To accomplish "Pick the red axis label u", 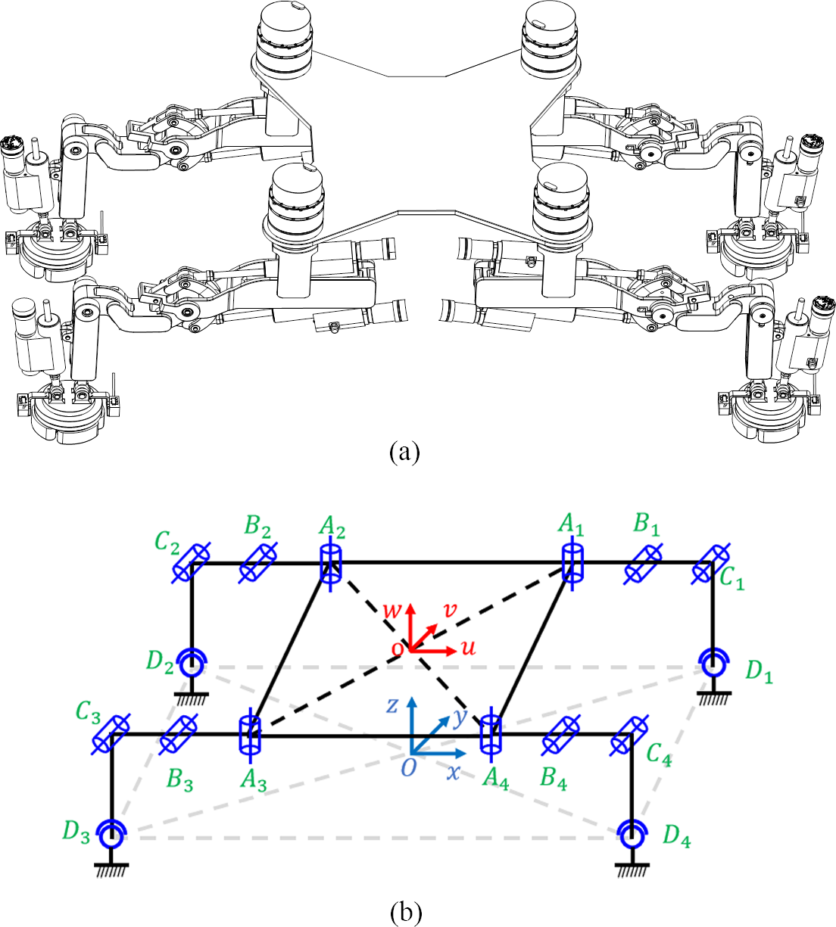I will [x=469, y=648].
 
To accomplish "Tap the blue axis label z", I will [x=392, y=705].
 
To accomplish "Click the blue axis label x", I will [x=453, y=773].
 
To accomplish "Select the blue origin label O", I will [x=408, y=768].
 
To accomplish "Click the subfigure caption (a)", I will [x=404, y=452].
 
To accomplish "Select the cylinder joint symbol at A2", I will [x=330, y=564].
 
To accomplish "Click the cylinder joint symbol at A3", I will [x=249, y=735].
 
